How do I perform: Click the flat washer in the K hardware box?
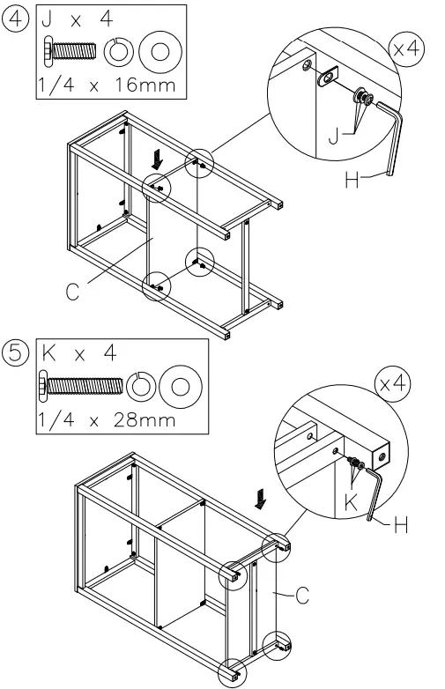[182, 385]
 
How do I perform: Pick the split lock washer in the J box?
[116, 51]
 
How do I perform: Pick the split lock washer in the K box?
[143, 385]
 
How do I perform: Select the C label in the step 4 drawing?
[70, 292]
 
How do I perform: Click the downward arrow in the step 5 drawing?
[259, 500]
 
